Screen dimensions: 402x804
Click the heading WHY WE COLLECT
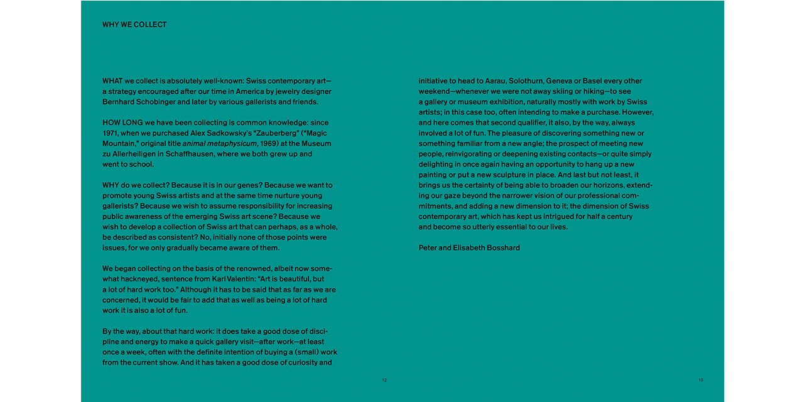point(134,24)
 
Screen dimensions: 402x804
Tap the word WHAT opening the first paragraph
point(112,81)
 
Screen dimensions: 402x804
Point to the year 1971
point(111,133)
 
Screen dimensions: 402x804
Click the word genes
point(241,185)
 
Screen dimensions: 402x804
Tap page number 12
point(384,380)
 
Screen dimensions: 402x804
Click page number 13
point(700,380)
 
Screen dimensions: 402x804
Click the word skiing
point(560,92)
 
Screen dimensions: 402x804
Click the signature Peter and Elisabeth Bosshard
point(469,248)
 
